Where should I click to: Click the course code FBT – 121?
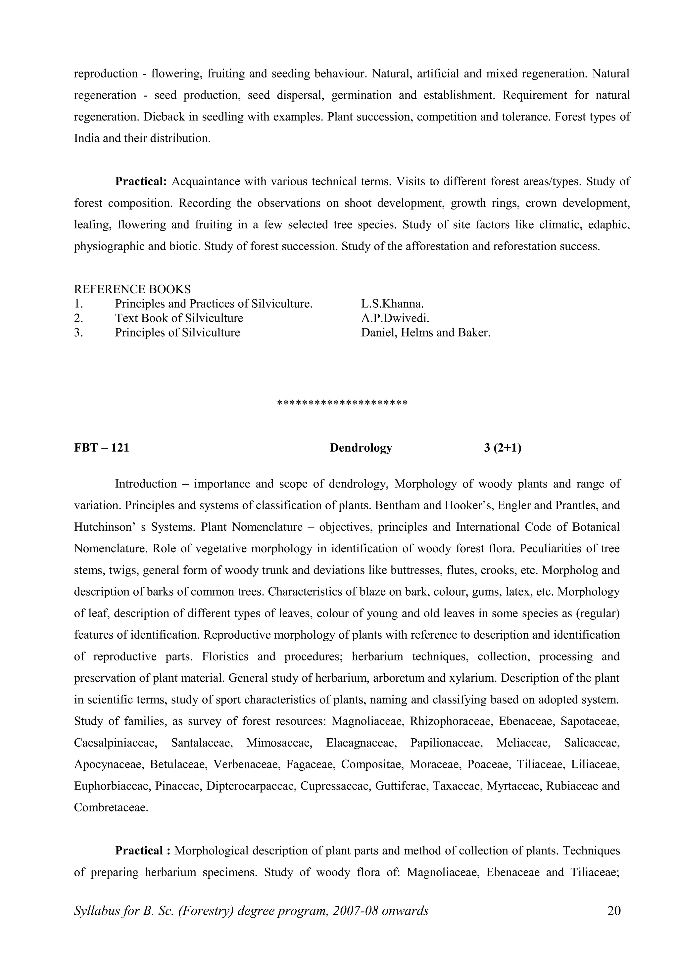[x=102, y=448]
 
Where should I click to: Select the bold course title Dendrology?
[x=361, y=448]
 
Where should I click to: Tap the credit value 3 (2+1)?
[x=503, y=448]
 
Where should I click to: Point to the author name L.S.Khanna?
[x=392, y=304]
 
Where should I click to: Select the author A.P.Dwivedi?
[x=395, y=318]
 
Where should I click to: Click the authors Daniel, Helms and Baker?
[x=425, y=333]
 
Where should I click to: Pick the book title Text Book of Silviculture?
[x=179, y=318]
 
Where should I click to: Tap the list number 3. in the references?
[x=78, y=333]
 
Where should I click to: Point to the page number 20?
[x=614, y=911]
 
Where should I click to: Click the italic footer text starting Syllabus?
[x=251, y=911]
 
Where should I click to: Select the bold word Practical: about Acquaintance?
[x=141, y=182]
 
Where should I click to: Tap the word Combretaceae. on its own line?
[x=111, y=807]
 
